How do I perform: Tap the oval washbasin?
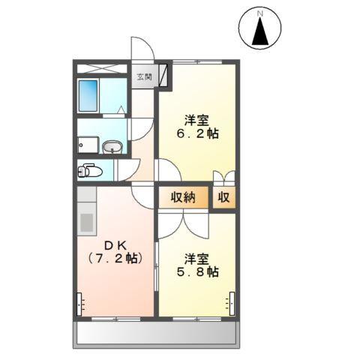click(112, 146)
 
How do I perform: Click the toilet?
click(89, 170)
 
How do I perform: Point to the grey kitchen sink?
click(85, 223)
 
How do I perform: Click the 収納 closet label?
click(182, 198)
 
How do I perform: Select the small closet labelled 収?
click(223, 198)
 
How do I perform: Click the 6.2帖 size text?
click(197, 136)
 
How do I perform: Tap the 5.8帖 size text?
click(197, 272)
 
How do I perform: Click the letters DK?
click(115, 244)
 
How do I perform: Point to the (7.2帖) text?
click(115, 259)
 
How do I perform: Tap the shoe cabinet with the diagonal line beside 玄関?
click(162, 75)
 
